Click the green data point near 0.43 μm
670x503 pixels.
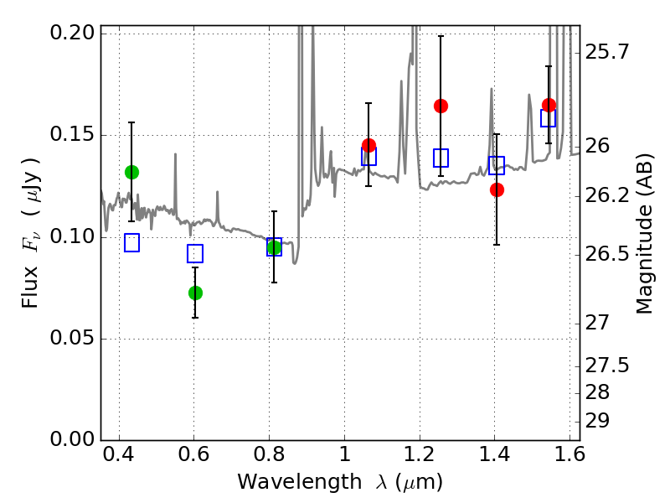point(131,172)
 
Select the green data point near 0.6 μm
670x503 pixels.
point(195,293)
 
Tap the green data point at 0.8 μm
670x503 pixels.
point(274,246)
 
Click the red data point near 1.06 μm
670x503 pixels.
point(368,146)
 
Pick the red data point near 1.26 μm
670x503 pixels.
point(441,106)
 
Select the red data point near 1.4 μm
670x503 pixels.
point(497,189)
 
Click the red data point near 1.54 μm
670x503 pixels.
point(549,105)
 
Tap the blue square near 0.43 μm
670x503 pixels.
point(131,243)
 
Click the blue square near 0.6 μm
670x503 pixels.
point(195,254)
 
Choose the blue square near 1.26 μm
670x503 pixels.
point(441,158)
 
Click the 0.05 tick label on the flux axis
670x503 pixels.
point(74,339)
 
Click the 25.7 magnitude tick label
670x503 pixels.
point(608,52)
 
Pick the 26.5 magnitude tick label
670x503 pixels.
point(608,253)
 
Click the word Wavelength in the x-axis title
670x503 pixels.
point(287,482)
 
